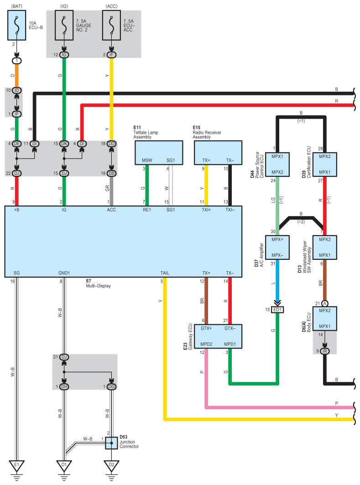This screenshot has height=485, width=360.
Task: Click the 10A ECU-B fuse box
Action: tap(17, 25)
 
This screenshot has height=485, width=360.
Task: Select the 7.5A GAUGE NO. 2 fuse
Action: tap(64, 25)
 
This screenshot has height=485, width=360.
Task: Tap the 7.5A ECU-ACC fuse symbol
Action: tap(111, 25)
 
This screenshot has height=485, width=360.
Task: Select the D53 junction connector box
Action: tap(111, 443)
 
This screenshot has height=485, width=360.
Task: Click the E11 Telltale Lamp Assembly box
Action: tap(159, 153)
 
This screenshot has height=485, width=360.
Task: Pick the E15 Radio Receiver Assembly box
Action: tap(218, 153)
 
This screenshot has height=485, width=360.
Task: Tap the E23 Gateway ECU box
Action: tap(218, 336)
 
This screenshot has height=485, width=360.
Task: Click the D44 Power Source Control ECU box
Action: tap(277, 164)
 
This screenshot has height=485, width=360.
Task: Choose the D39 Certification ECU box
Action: tap(325, 164)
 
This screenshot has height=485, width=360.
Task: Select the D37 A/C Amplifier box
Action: tap(277, 248)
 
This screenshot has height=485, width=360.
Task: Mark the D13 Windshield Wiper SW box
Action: tap(325, 248)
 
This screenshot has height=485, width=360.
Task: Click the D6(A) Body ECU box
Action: tap(325, 319)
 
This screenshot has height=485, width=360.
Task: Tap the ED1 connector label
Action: tap(277, 310)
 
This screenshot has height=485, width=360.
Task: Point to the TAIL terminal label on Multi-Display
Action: tap(165, 273)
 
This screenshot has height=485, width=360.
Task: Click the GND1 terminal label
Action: tap(64, 273)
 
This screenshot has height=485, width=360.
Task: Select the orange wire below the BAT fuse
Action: tap(17, 76)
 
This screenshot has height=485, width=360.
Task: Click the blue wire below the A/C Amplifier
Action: tap(277, 280)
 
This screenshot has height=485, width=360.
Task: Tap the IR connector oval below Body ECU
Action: tap(325, 351)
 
